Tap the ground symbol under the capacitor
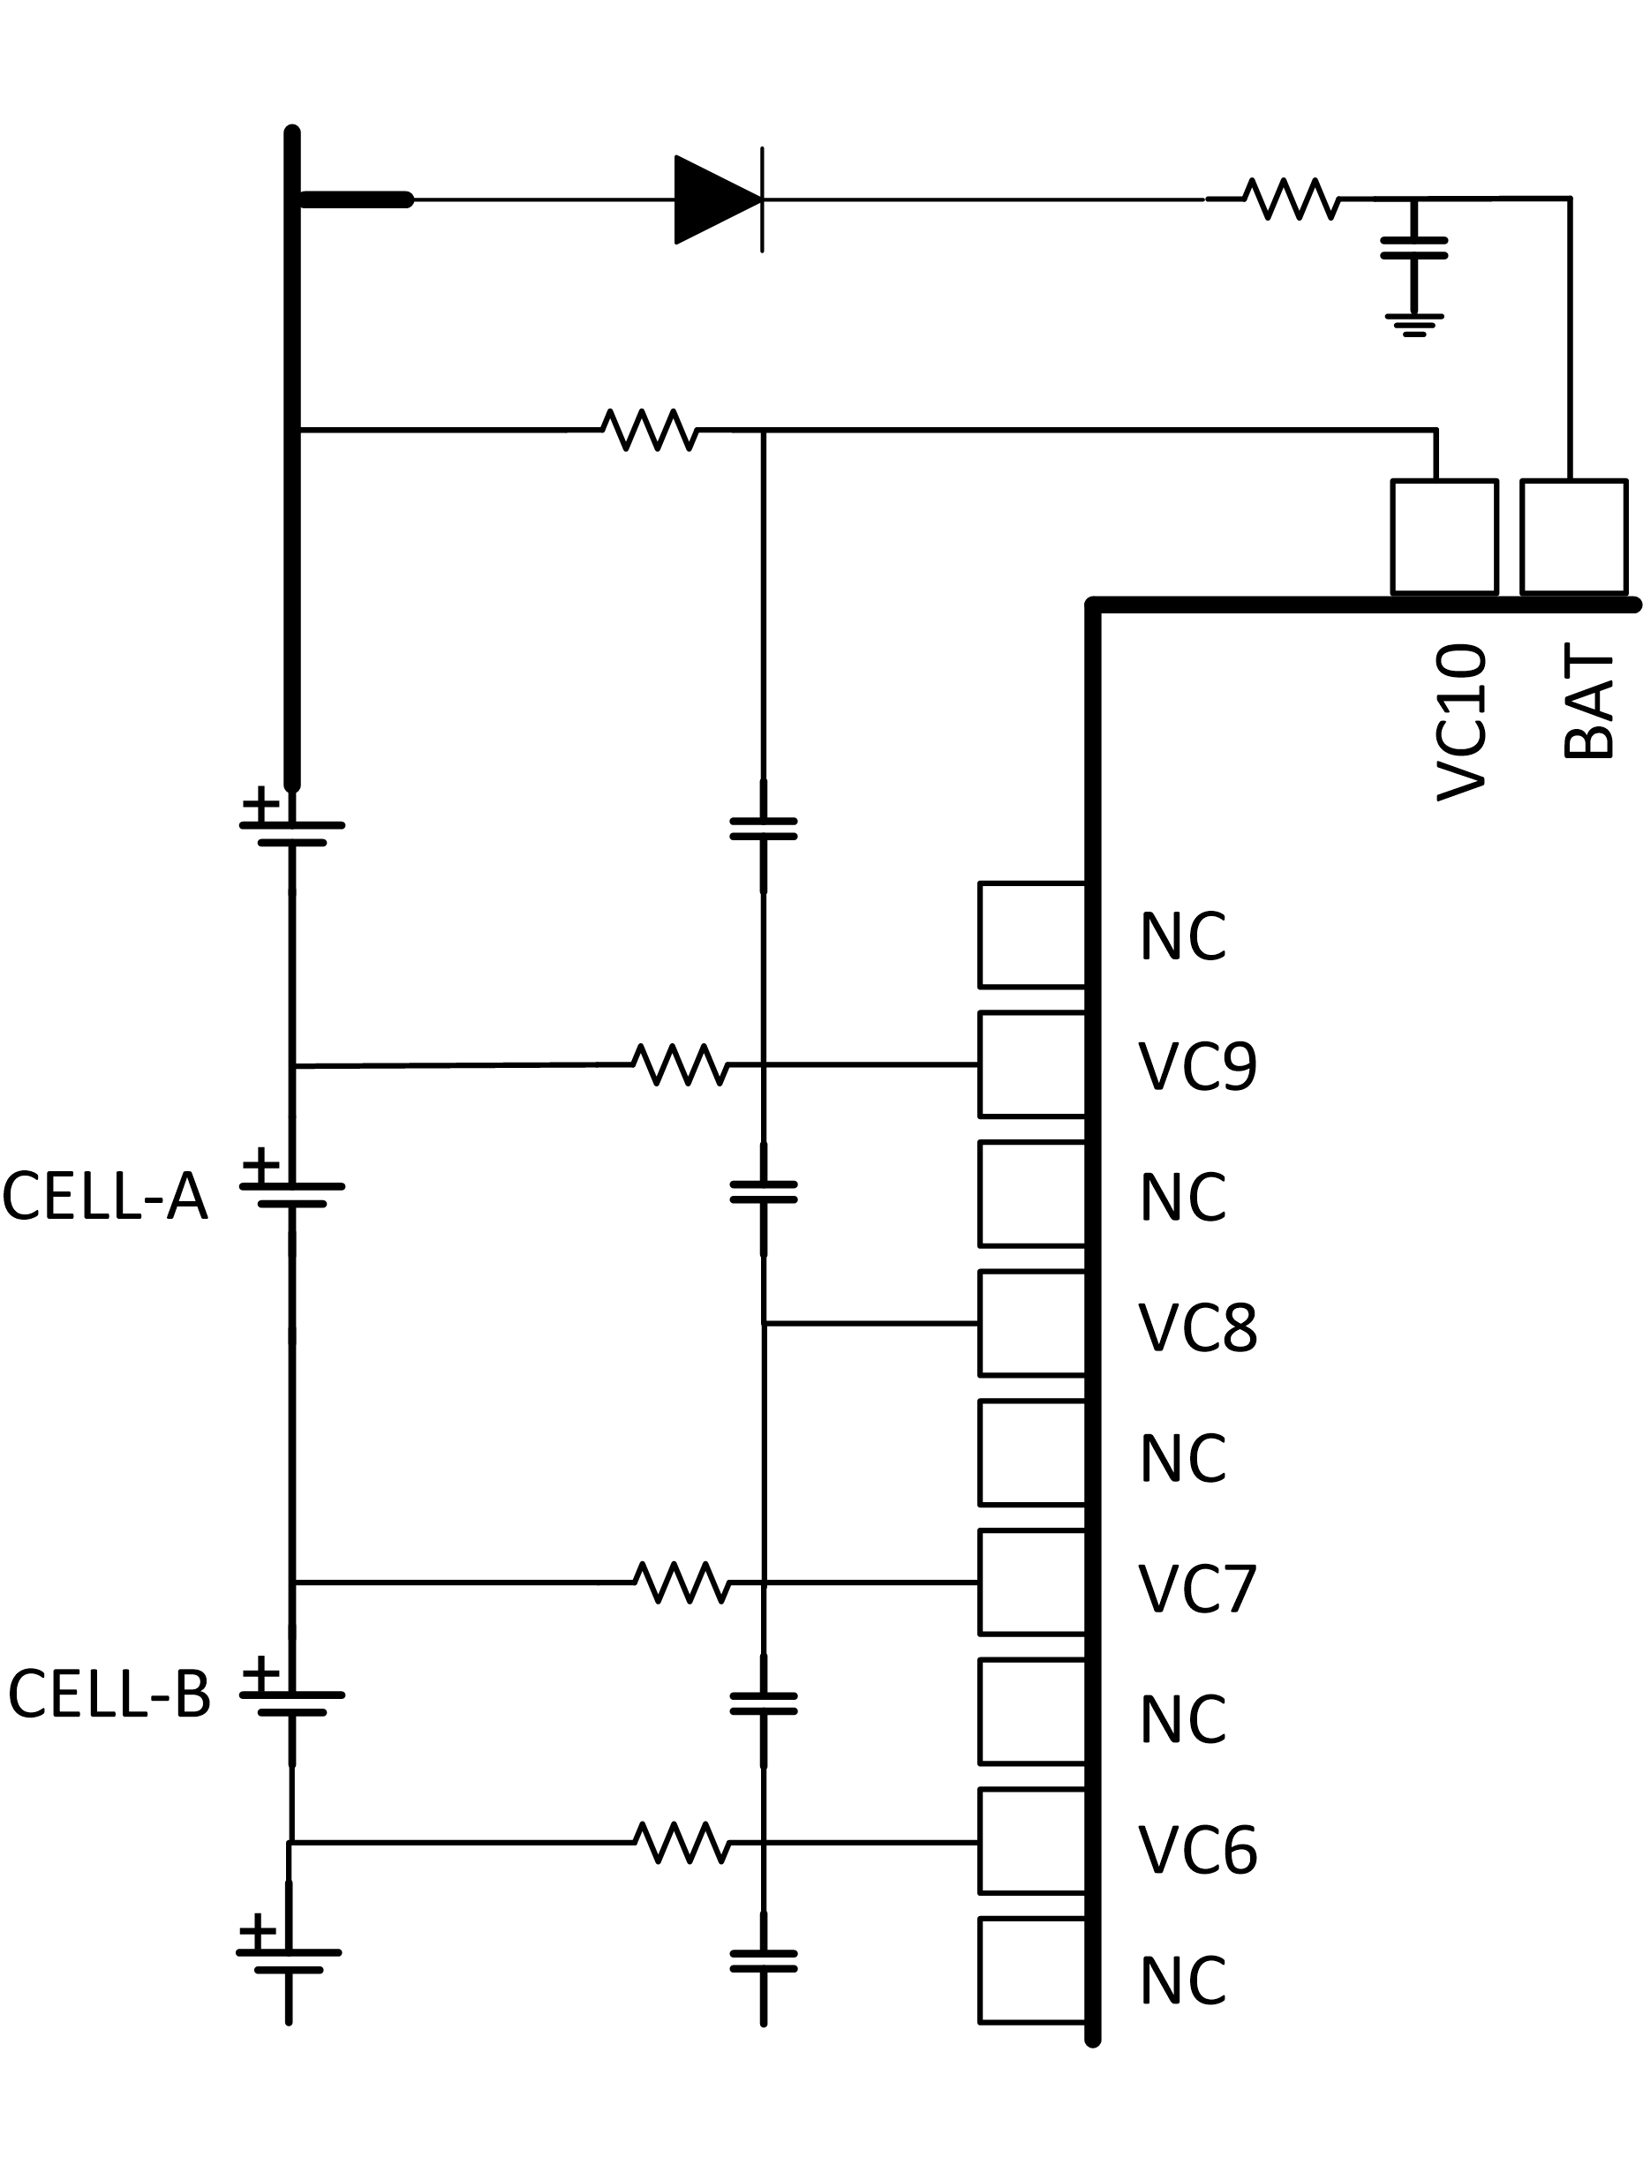click(1413, 324)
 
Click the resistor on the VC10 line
click(652, 430)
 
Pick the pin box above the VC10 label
click(1443, 536)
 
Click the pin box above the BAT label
click(1573, 536)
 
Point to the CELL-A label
click(105, 1197)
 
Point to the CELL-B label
click(109, 1694)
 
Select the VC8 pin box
click(1031, 1323)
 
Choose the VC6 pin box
click(1031, 1841)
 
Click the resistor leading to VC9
click(681, 1064)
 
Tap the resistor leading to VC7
click(681, 1582)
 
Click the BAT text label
click(1588, 702)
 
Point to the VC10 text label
click(1461, 722)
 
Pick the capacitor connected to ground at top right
click(1413, 247)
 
